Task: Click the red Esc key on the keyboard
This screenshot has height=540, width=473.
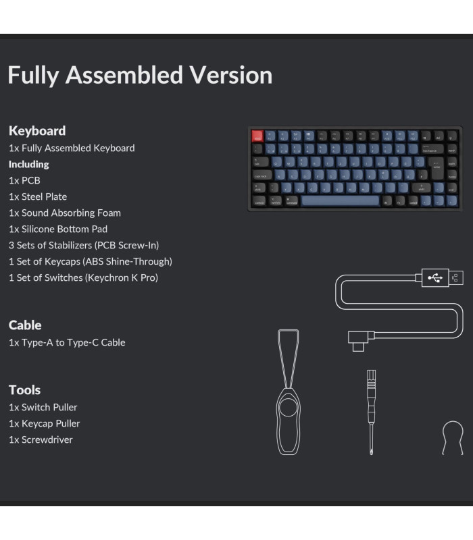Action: point(257,136)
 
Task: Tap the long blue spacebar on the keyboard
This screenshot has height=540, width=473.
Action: point(341,200)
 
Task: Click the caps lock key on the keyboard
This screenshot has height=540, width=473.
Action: point(262,175)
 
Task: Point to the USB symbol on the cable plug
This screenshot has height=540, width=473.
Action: point(436,277)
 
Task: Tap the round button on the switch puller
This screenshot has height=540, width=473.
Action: point(289,409)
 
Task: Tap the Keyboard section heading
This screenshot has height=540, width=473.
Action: point(37,130)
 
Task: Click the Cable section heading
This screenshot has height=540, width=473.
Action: point(25,325)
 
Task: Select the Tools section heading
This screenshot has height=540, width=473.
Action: point(24,389)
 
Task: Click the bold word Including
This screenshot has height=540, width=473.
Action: point(28,164)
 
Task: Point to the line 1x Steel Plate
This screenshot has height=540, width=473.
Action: point(38,196)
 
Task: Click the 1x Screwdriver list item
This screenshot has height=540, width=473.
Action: point(41,439)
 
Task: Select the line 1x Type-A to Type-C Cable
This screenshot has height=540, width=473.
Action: point(67,342)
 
